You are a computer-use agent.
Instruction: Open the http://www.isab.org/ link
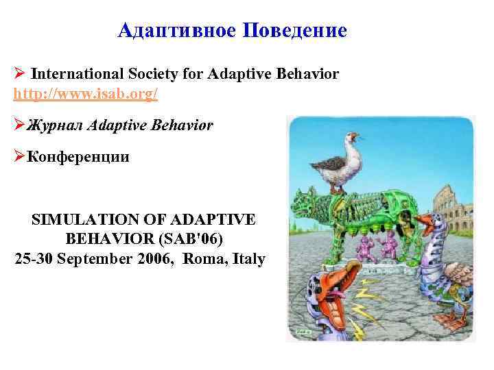(x=86, y=93)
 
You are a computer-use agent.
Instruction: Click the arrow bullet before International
(x=20, y=74)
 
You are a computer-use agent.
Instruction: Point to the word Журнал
(x=55, y=126)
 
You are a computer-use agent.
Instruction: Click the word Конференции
(x=78, y=157)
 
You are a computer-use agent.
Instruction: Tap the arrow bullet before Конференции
(x=19, y=157)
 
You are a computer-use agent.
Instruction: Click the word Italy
(x=248, y=260)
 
